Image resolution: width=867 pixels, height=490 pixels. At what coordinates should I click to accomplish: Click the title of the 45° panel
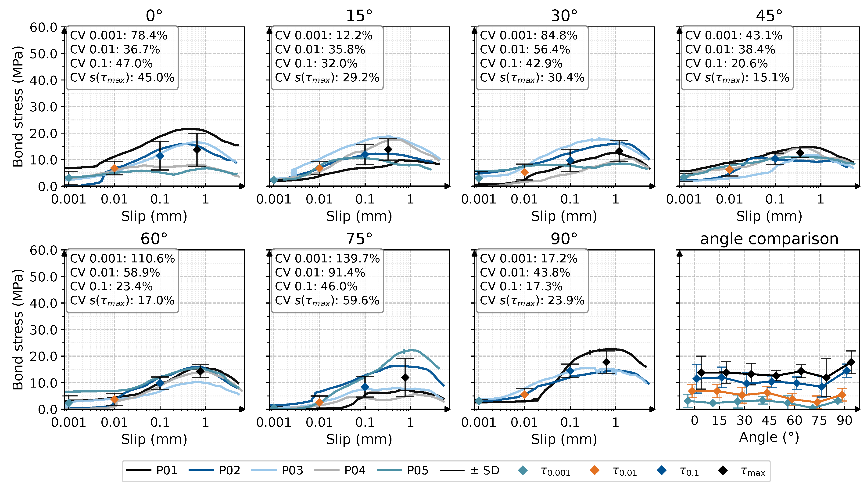point(769,15)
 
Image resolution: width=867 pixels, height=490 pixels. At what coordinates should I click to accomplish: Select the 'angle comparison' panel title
point(769,239)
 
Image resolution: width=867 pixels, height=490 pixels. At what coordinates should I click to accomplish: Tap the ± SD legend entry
point(469,470)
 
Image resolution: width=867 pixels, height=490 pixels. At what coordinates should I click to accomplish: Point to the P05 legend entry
point(402,470)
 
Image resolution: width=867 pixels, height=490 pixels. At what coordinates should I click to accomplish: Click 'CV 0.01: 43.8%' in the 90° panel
point(525,272)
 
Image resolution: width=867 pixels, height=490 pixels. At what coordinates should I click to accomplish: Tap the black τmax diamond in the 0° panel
point(197,149)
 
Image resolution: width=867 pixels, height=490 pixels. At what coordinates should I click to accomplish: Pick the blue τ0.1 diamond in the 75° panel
point(365,387)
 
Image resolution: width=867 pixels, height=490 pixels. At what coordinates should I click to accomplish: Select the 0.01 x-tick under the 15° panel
point(319,199)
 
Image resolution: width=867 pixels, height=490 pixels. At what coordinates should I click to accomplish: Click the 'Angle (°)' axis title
point(769,437)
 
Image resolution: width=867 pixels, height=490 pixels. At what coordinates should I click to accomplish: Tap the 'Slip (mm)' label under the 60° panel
point(154,439)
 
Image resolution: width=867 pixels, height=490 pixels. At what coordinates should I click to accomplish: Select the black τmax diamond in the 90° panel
point(606,362)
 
